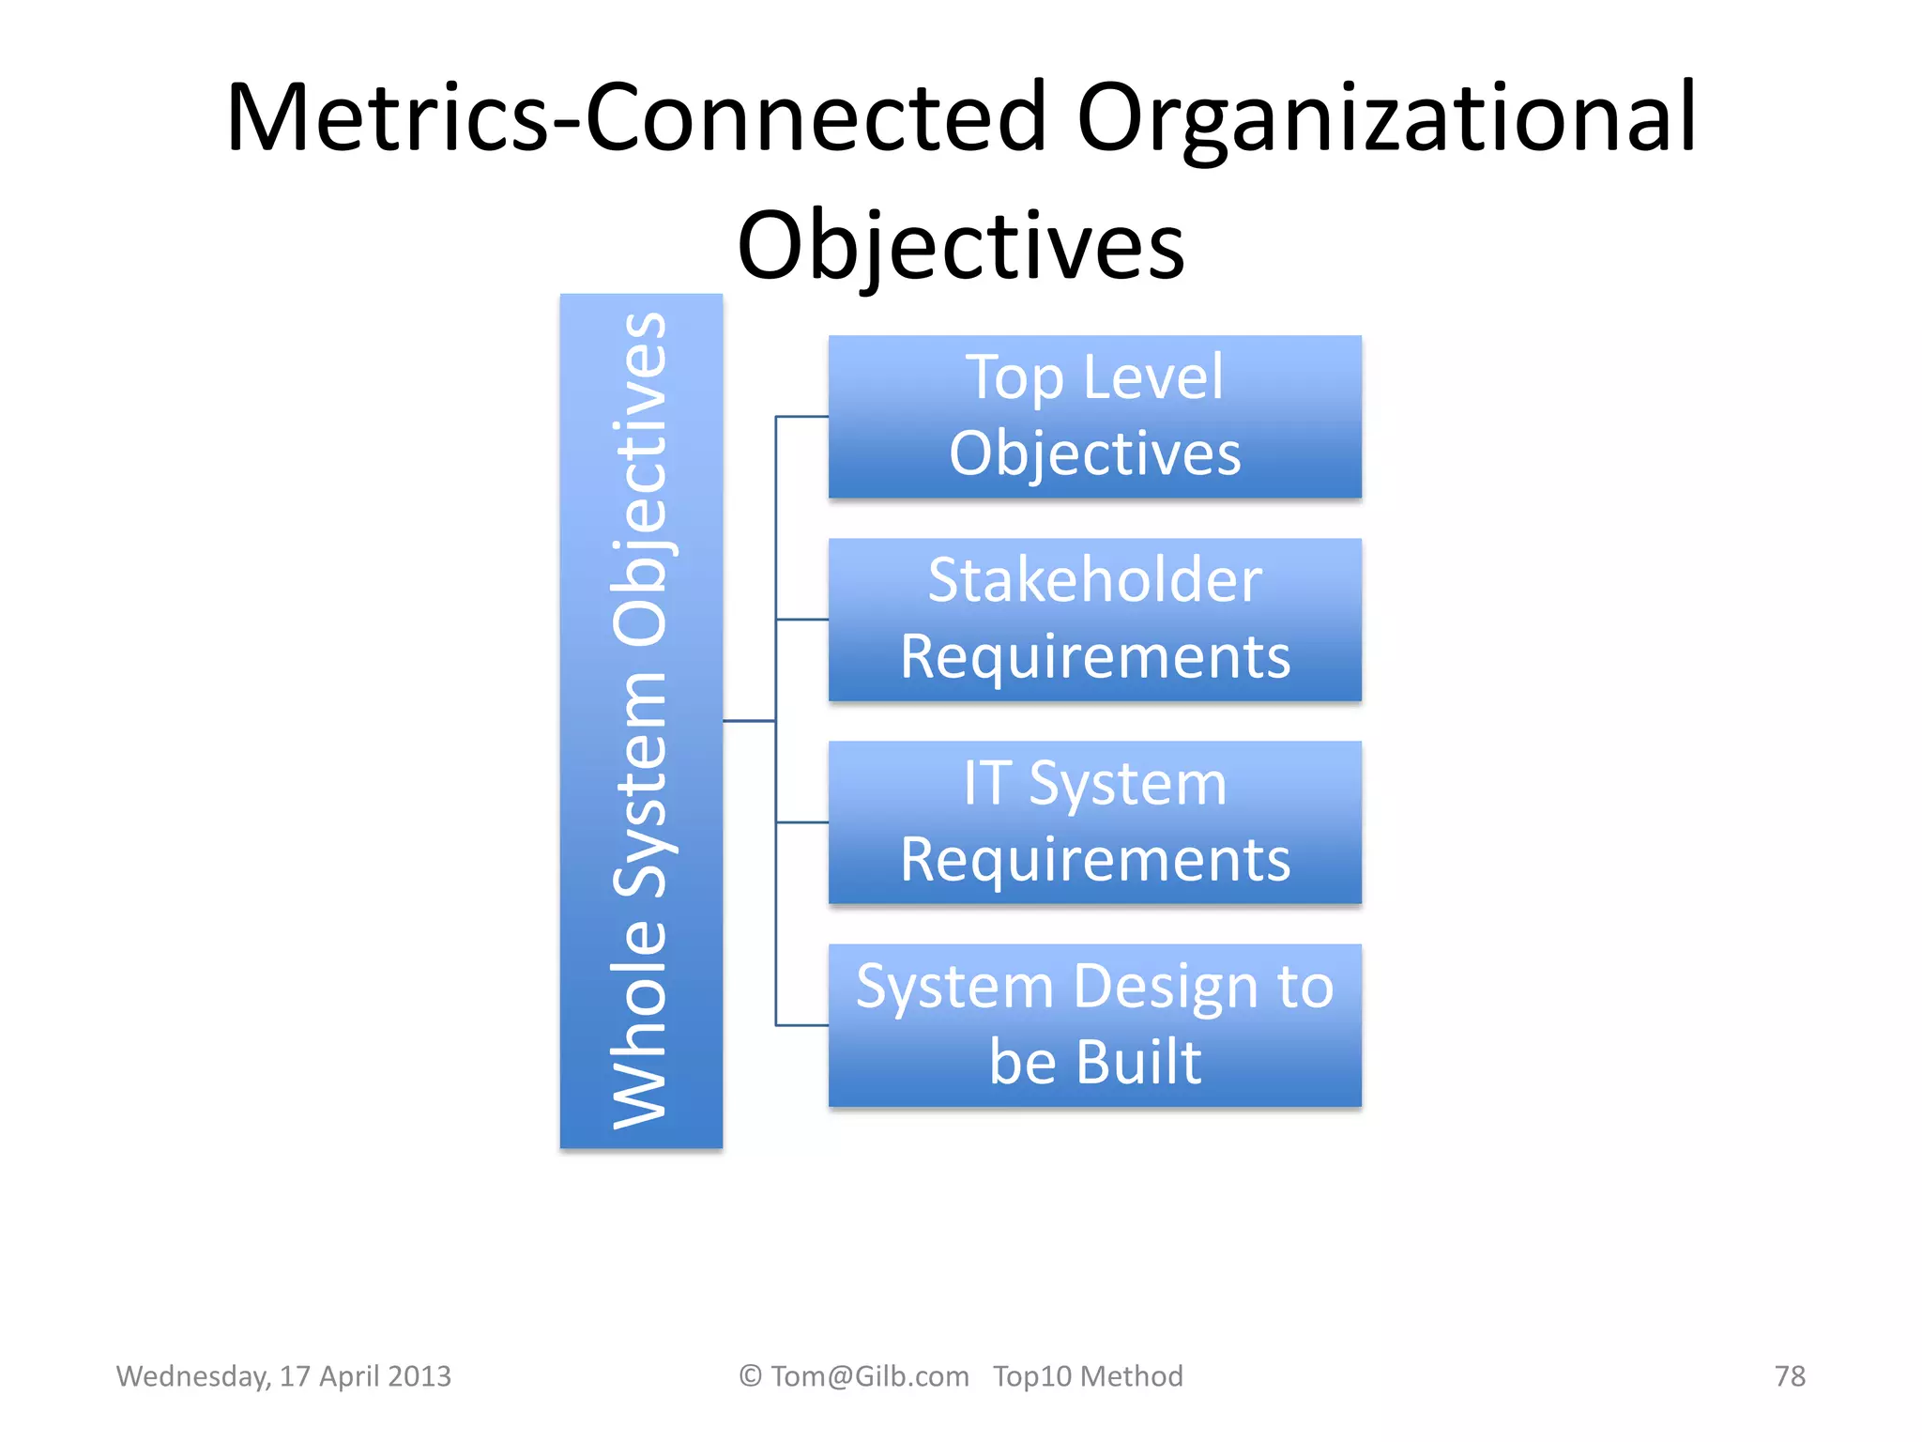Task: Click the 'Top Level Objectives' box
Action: (x=1094, y=416)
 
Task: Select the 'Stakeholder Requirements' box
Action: (x=1094, y=620)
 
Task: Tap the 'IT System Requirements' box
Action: (x=1094, y=822)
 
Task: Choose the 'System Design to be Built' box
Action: (x=1094, y=1025)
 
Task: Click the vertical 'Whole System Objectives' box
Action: (x=641, y=720)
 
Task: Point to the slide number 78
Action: (x=1790, y=1375)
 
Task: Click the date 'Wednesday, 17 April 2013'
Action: (x=283, y=1375)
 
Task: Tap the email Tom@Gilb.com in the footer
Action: (x=869, y=1375)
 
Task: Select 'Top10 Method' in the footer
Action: (x=1088, y=1375)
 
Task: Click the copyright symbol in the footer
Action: (x=750, y=1375)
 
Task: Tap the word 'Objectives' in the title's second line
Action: (x=961, y=245)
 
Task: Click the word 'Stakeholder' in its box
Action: (x=1094, y=580)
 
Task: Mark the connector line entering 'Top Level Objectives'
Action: (x=802, y=416)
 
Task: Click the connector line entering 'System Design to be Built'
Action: (x=802, y=1025)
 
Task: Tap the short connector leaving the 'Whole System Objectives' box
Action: (x=749, y=721)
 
